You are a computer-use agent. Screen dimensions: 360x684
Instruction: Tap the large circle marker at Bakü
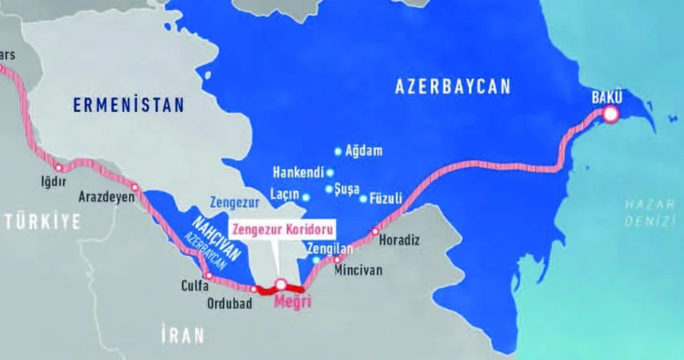[x=611, y=114]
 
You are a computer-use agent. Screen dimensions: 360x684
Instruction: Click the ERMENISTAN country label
[x=127, y=106]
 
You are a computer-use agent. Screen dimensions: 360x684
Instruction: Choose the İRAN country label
[x=182, y=336]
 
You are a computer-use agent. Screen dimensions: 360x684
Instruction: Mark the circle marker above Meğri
[x=280, y=284]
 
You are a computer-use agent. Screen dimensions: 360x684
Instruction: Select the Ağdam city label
[x=363, y=151]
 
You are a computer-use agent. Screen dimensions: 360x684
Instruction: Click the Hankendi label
[x=298, y=171]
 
